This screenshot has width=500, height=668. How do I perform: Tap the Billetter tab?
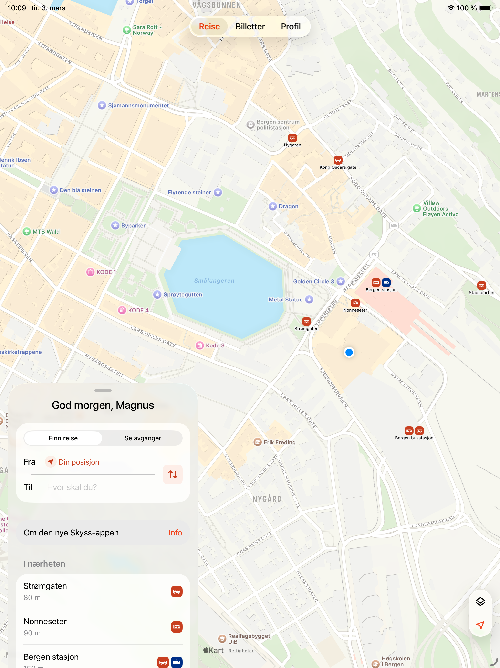tap(250, 27)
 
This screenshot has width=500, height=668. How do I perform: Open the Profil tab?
tap(291, 27)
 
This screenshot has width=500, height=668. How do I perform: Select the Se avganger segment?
tap(143, 438)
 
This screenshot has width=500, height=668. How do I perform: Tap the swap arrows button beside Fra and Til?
tap(173, 474)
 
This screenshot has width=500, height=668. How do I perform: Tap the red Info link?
tap(175, 533)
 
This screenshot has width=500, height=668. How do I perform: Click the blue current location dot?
tap(349, 352)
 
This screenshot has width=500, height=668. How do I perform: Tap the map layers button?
tap(480, 601)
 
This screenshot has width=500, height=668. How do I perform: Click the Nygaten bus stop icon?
tap(292, 138)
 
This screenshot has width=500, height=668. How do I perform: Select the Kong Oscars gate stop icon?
tap(338, 160)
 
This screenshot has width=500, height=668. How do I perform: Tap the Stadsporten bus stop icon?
tap(481, 285)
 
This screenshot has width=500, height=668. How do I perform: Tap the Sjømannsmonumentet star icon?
tap(102, 105)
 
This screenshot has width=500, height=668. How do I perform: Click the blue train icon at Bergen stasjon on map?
tap(386, 282)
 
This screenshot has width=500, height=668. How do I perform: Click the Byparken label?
tap(134, 226)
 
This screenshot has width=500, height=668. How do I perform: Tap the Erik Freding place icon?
tap(258, 442)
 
